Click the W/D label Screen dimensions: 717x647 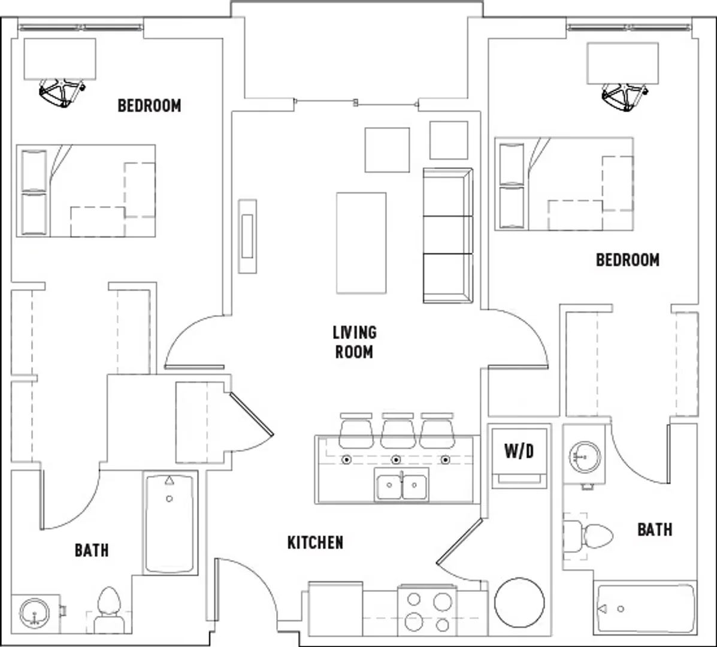519,452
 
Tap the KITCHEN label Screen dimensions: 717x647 315,543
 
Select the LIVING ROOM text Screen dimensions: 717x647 355,342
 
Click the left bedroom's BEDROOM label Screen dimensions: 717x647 150,105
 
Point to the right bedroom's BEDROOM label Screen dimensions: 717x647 628,260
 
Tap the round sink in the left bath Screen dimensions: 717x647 34,613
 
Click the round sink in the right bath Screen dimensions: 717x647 585,456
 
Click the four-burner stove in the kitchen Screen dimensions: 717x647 427,611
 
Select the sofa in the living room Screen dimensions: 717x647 447,235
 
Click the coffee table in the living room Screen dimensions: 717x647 361,243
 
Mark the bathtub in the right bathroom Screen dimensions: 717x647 646,609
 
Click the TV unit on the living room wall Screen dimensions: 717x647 247,237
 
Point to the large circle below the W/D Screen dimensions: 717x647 519,603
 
